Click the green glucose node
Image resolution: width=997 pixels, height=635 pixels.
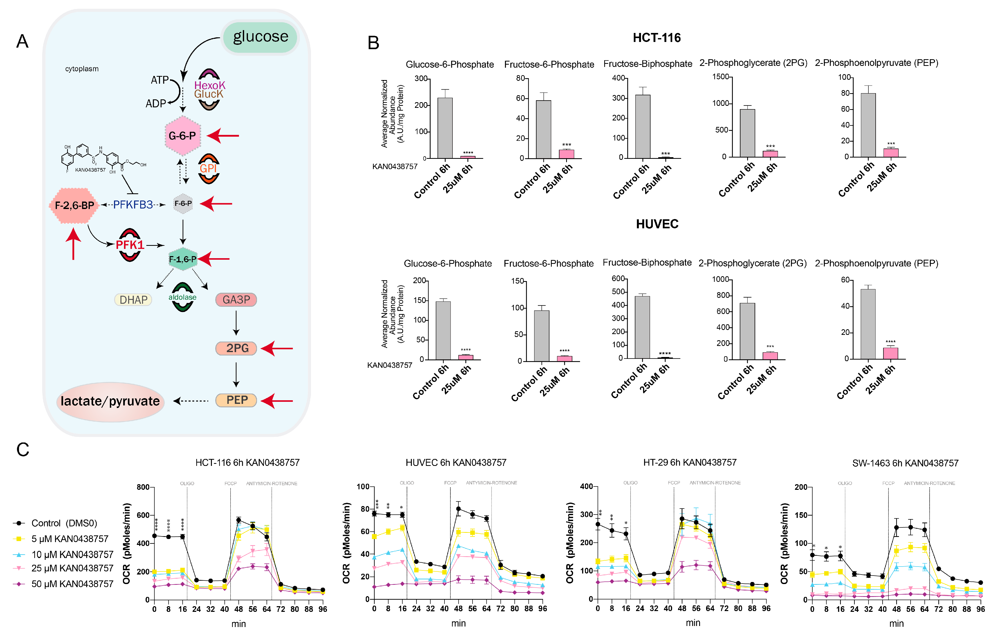pos(260,37)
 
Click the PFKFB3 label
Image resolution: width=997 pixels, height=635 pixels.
pos(133,205)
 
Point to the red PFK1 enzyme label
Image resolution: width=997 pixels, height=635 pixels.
pos(130,245)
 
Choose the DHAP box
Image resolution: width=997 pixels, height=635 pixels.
pos(133,299)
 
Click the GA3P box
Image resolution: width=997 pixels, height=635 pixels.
pos(236,299)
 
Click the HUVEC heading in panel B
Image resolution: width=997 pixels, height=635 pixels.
pos(657,224)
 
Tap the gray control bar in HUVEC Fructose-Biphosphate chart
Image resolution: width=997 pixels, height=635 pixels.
pos(642,327)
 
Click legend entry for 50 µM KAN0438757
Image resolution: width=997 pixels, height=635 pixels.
pos(72,584)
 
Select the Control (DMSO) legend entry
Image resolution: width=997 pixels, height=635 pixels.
pos(64,523)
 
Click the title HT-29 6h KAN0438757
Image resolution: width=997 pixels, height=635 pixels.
pos(690,462)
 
